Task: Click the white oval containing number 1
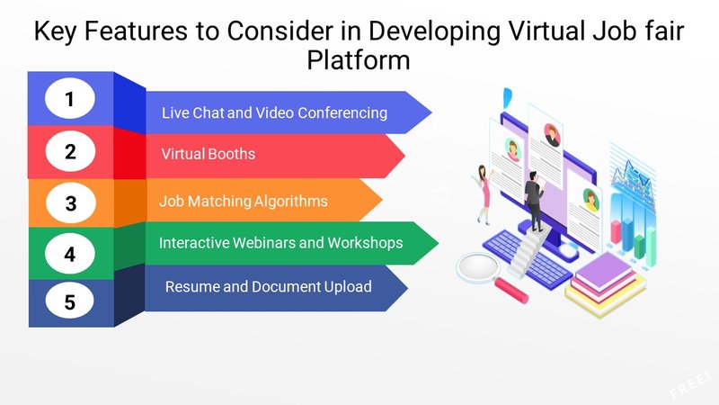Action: [70, 98]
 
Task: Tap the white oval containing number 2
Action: [70, 151]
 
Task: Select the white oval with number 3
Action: [71, 203]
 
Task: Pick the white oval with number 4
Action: [70, 254]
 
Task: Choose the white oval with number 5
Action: [70, 301]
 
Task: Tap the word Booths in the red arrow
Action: [233, 154]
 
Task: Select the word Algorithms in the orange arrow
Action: [290, 202]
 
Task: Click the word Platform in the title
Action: [358, 61]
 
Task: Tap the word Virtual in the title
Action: [546, 31]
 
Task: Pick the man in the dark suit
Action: [534, 201]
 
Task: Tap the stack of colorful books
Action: [605, 284]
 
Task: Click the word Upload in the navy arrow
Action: [348, 287]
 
